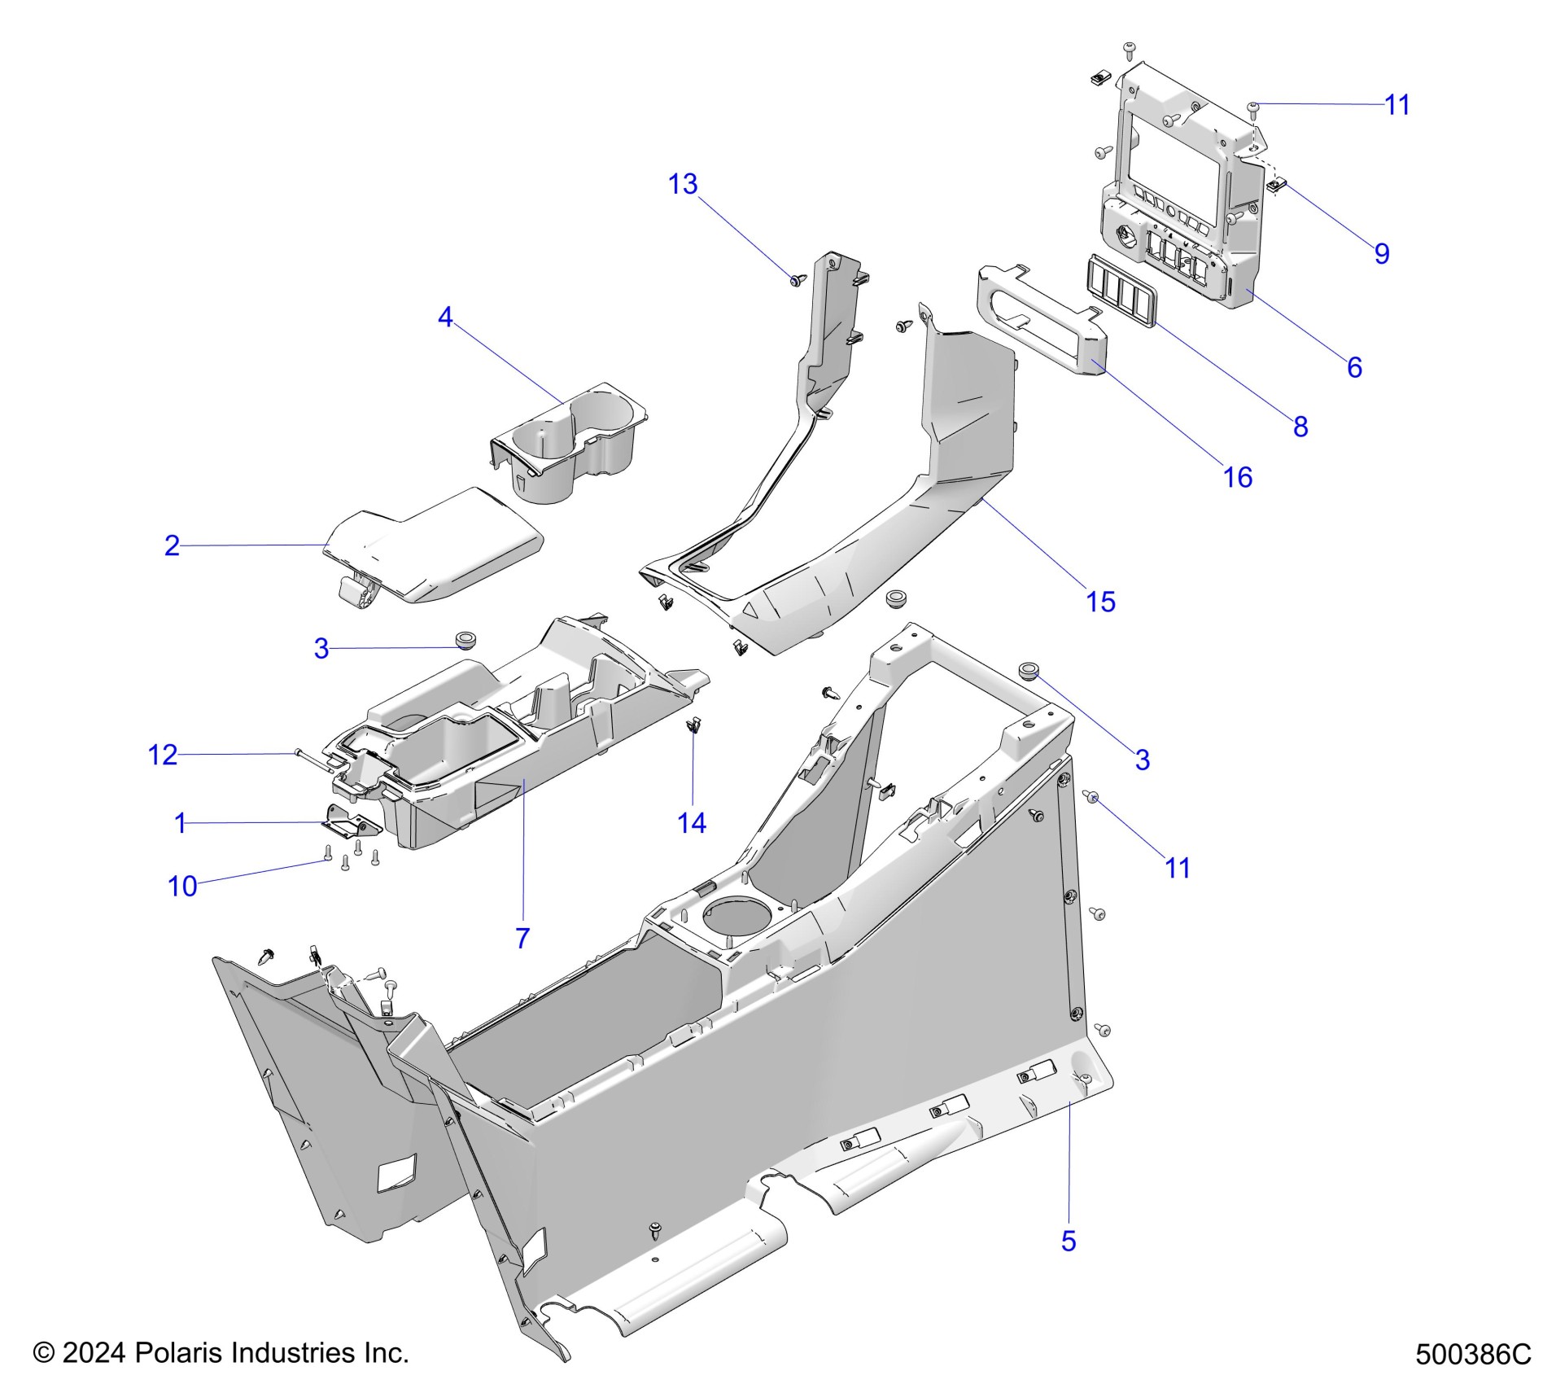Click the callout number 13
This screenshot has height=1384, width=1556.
coord(683,185)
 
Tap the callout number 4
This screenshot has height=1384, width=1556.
coord(444,317)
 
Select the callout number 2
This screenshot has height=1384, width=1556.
coord(172,545)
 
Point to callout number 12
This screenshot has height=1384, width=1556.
coord(162,756)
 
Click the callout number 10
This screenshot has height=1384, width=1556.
coord(182,887)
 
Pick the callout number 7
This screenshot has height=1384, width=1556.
coord(522,938)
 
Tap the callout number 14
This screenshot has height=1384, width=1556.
coord(692,823)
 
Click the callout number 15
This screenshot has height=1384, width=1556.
coord(1100,602)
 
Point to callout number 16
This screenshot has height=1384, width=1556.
coord(1237,477)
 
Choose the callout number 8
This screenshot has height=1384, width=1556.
coord(1300,426)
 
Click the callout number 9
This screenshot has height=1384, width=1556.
coord(1382,253)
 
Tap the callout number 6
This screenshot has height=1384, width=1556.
coord(1354,367)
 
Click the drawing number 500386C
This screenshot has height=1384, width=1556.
coord(1473,1354)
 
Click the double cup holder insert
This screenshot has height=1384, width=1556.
coord(570,444)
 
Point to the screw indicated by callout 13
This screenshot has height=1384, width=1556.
coord(796,280)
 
